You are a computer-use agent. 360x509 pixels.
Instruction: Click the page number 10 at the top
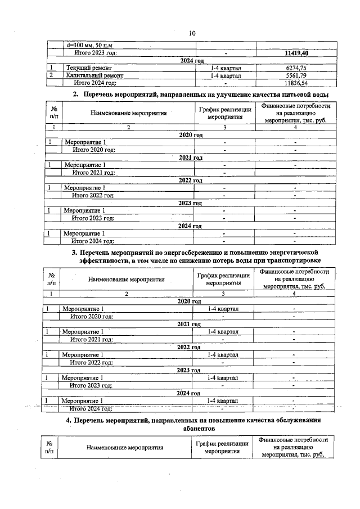[x=192, y=33]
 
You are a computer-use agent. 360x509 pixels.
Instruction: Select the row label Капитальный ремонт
[x=94, y=75]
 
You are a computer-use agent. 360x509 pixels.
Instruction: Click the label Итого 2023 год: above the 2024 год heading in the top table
[x=96, y=53]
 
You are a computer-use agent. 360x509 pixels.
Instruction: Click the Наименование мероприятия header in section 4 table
[x=125, y=448]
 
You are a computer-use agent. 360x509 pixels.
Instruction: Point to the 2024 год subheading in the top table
[x=191, y=60]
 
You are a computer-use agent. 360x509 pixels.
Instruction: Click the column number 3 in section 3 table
[x=223, y=294]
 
